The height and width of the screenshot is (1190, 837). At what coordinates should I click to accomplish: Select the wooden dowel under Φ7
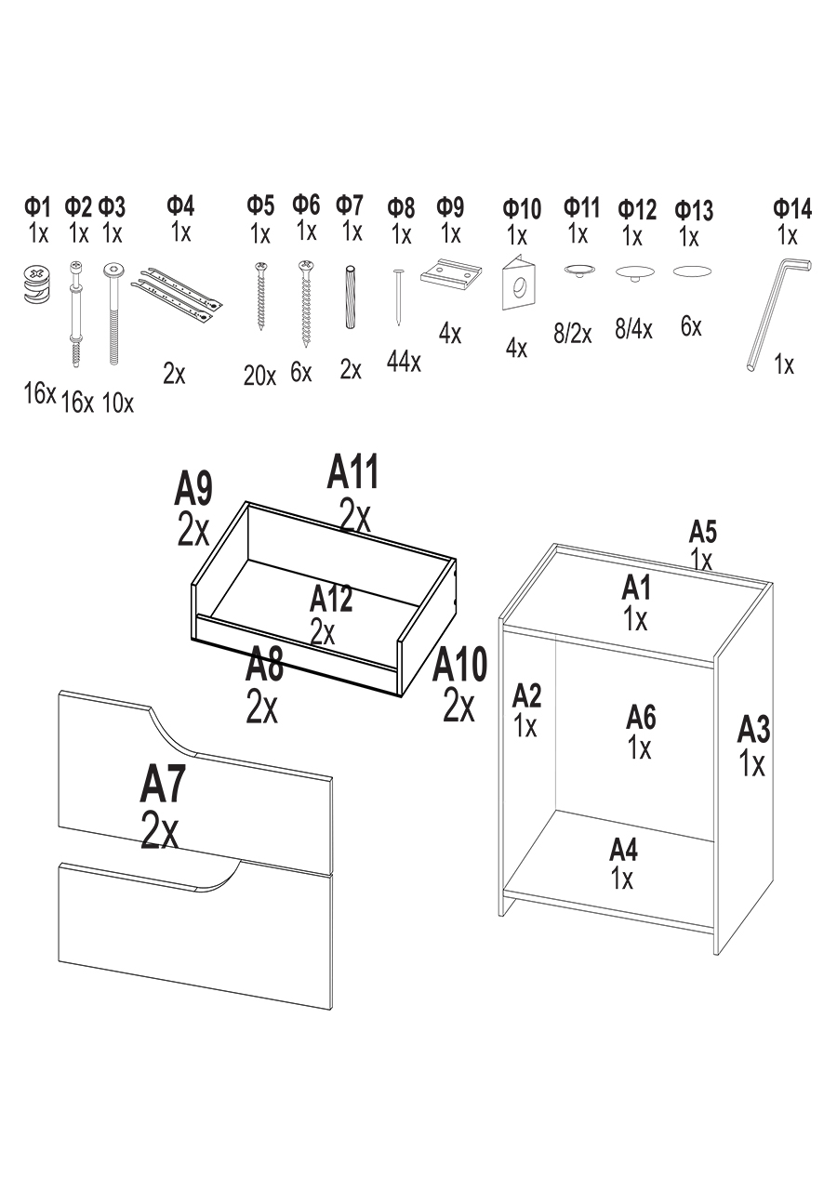point(351,297)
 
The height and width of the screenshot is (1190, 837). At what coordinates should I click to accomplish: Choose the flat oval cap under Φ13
point(692,271)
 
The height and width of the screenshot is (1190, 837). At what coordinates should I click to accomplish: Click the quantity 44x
point(403,361)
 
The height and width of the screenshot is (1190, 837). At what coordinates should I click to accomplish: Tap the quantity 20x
point(259,376)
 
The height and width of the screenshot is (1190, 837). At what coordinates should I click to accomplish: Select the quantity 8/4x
point(633,329)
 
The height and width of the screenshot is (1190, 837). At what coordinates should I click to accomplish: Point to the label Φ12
point(637,209)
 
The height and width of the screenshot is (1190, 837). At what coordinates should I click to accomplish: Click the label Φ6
point(306,205)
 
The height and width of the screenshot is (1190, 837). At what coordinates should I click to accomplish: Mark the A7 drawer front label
point(163,786)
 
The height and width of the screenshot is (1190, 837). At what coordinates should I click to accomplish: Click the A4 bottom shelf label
point(623,850)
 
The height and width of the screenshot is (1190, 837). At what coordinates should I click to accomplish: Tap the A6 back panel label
point(641,717)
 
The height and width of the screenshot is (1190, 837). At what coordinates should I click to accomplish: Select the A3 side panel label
point(753,731)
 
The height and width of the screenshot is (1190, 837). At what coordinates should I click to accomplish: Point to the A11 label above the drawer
point(353,473)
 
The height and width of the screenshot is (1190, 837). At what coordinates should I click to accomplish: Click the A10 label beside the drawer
point(459,667)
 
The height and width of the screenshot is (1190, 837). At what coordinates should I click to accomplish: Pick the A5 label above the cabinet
point(702,533)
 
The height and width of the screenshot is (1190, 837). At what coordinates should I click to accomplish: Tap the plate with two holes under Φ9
point(449,275)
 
